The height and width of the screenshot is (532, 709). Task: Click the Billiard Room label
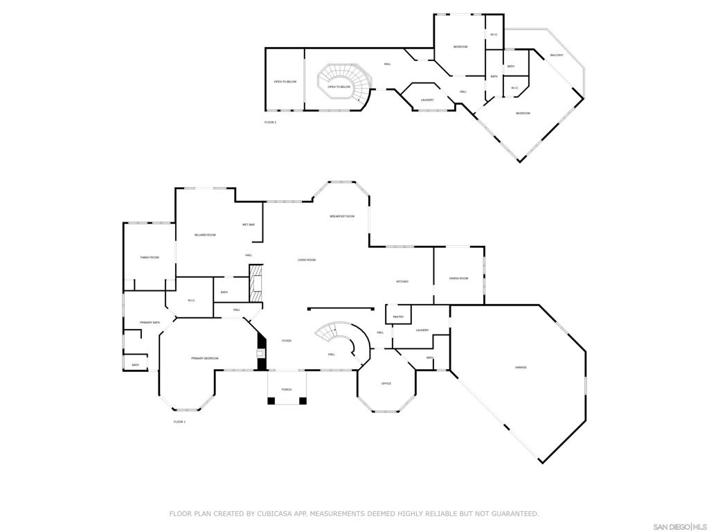coord(205,235)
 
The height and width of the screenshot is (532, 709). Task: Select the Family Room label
coord(150,257)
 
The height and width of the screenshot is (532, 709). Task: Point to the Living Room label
coord(307,260)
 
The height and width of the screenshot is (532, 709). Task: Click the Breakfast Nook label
coord(342,216)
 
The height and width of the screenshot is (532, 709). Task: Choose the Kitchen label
coord(402,281)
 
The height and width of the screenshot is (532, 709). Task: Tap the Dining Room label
coord(458,278)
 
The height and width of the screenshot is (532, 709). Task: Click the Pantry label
coord(398,317)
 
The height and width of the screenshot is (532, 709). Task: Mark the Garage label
coord(521,367)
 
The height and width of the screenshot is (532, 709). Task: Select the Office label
coord(386,383)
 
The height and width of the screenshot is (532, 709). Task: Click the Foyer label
coord(286,341)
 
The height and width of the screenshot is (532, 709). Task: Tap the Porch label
coord(287,389)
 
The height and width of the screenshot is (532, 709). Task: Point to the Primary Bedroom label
coord(205,358)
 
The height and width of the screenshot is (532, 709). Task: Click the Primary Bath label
coord(150,322)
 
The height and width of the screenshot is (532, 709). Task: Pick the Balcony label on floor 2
coord(557,55)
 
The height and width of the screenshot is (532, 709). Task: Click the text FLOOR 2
coord(270,122)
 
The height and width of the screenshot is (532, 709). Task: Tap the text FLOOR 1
coord(179,421)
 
